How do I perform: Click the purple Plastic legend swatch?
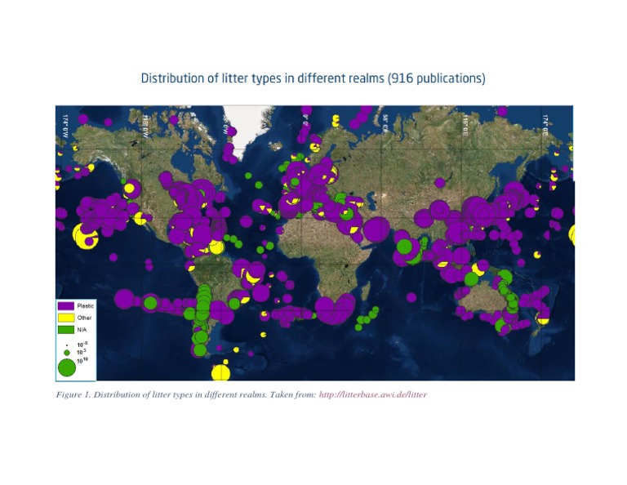[66, 305]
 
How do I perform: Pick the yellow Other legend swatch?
[66, 317]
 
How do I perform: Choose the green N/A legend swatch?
[66, 329]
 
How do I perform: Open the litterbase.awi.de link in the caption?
[372, 394]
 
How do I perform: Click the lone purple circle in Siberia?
[440, 182]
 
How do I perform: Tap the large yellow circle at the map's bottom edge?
[220, 373]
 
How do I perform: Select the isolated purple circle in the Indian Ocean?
[411, 297]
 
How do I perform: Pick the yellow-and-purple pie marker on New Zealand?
[543, 318]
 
